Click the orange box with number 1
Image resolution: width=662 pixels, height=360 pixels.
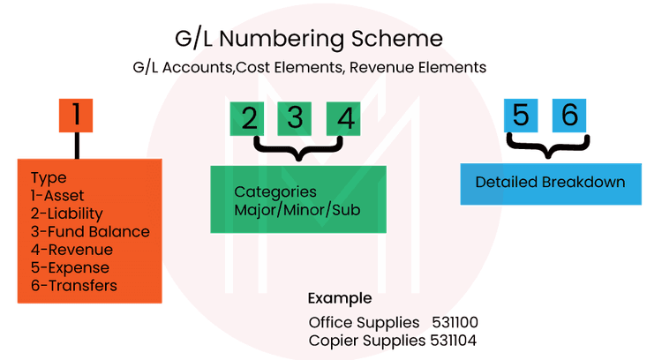(77, 115)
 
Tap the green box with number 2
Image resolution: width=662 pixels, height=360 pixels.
(249, 118)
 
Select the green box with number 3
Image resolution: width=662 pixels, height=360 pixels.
(295, 118)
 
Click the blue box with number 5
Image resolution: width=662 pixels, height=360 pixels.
(521, 115)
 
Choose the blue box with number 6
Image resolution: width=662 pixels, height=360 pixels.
(569, 115)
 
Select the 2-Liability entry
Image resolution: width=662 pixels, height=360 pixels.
(66, 214)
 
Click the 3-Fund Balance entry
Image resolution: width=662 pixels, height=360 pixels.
(89, 232)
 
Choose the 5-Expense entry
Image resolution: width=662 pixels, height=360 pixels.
(70, 267)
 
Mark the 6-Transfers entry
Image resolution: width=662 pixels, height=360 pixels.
(73, 286)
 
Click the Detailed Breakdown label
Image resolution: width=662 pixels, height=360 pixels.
(550, 183)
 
